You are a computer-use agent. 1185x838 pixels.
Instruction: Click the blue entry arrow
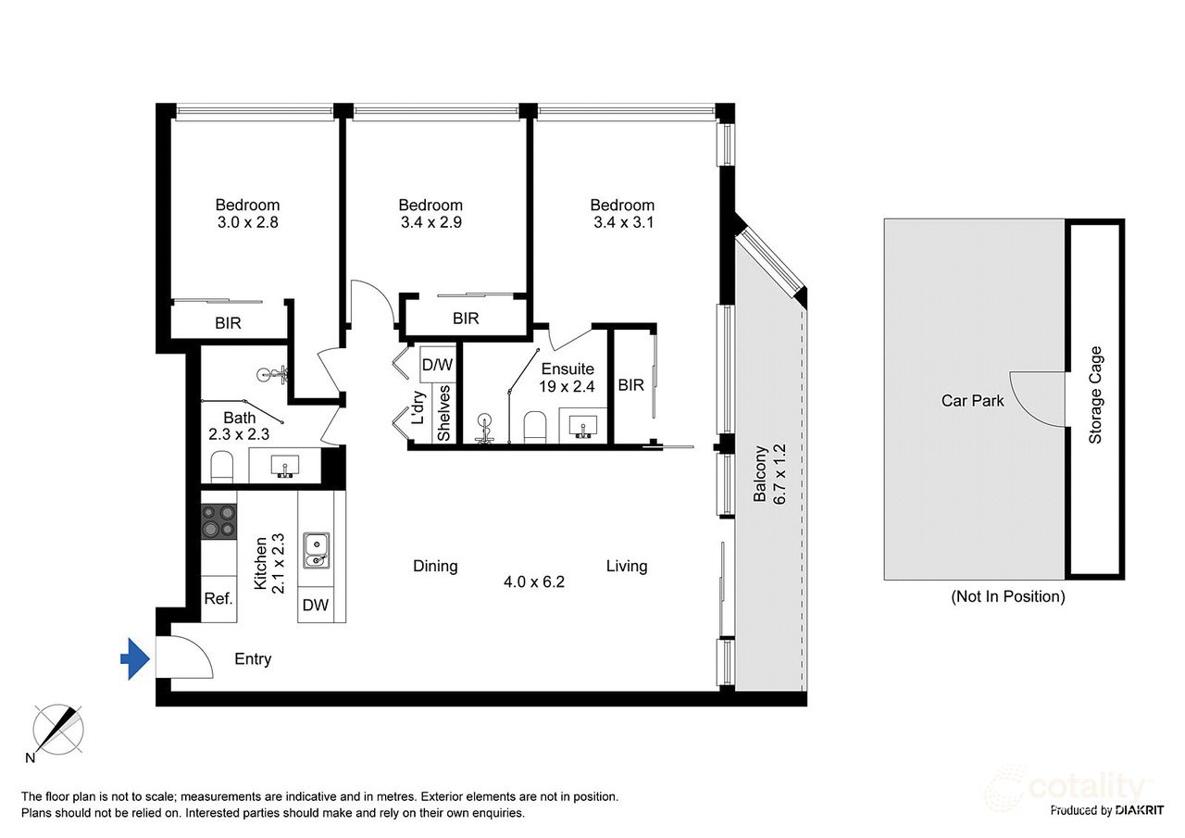[x=136, y=658]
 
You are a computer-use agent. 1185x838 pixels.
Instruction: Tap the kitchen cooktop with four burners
[x=219, y=521]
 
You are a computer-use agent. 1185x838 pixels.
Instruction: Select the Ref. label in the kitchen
[x=218, y=598]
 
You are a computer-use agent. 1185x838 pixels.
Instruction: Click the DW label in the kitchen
[x=316, y=605]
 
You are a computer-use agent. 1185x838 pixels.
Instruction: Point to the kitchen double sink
[x=317, y=551]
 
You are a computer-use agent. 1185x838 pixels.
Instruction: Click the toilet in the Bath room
[x=222, y=467]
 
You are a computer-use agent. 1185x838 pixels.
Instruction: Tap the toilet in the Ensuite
[x=535, y=427]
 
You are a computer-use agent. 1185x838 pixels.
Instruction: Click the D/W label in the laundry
[x=438, y=365]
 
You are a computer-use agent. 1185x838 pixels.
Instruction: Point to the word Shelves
[x=443, y=413]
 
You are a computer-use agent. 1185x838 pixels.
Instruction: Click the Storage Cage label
[x=1094, y=394]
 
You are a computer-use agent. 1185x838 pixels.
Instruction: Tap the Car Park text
[x=972, y=401]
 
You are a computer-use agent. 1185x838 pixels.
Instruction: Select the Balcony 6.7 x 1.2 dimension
[x=770, y=474]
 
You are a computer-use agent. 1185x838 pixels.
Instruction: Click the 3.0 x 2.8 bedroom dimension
[x=247, y=222]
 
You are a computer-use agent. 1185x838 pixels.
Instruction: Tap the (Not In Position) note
[x=1008, y=596]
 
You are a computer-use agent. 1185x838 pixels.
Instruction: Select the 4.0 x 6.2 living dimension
[x=534, y=582]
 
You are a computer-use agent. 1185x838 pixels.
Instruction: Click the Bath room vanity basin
[x=284, y=466]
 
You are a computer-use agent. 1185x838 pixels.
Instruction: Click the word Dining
[x=435, y=566]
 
